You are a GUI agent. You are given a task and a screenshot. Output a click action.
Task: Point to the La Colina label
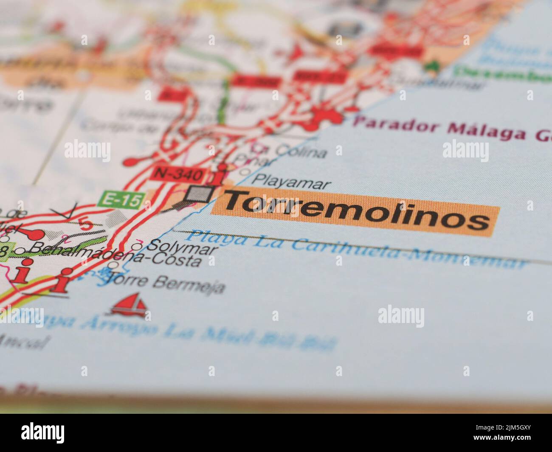pyautogui.click(x=293, y=150)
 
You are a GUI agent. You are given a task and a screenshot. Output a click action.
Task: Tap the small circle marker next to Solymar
pyautogui.click(x=137, y=247)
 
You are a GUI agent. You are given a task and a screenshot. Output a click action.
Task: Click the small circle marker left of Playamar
pyautogui.click(x=245, y=172)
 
